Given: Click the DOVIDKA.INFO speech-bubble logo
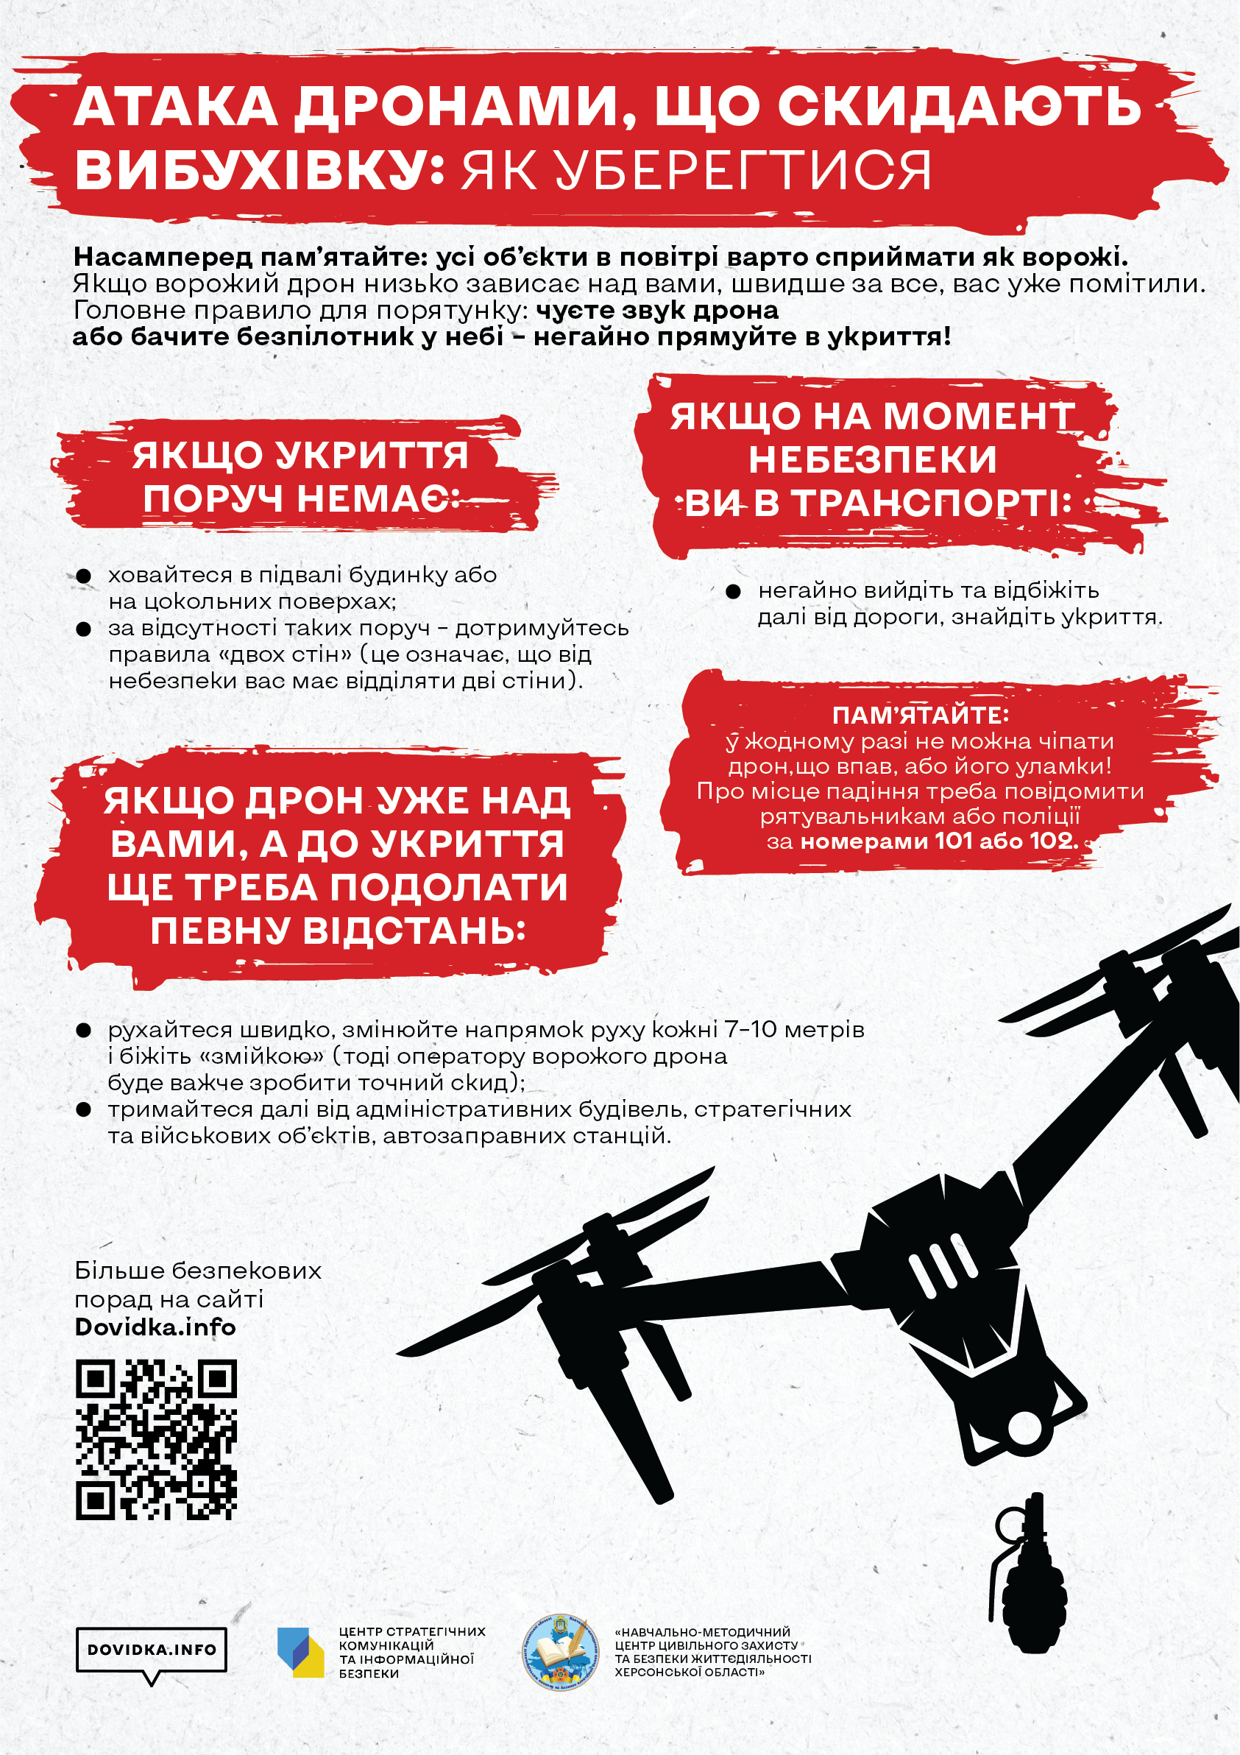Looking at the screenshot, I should [x=152, y=1650].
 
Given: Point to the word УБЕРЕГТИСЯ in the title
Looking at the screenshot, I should [x=696, y=171].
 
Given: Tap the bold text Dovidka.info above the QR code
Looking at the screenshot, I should [x=155, y=1326].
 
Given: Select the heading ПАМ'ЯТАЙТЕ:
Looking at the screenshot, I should [x=920, y=716].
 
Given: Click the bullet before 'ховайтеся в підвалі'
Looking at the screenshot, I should [x=83, y=576].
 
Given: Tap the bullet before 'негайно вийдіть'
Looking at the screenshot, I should [x=733, y=591].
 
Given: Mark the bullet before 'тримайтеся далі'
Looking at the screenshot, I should [x=83, y=1109].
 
